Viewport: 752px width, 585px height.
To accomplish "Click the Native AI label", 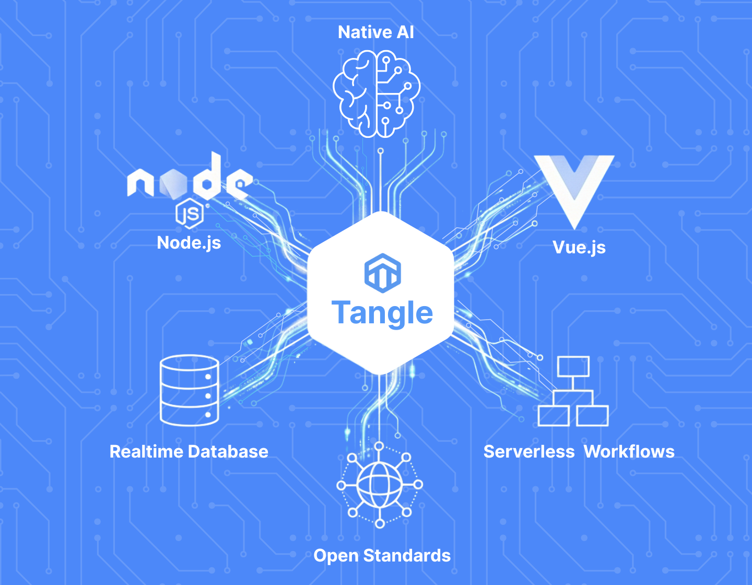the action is coord(375,32).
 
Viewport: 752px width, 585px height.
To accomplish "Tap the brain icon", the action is coord(376,94).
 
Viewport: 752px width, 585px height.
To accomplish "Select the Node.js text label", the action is coord(189,243).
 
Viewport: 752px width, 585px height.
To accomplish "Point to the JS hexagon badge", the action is coord(189,213).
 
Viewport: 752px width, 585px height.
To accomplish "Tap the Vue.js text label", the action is coord(579,247).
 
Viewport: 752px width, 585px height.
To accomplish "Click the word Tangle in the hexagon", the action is coord(382,313).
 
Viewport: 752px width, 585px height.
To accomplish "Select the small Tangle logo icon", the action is coord(382,272).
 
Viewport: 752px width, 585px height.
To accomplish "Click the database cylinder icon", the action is coord(189,390).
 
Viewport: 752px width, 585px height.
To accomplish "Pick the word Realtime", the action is coord(145,452).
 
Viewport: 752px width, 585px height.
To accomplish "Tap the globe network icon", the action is coord(380,485).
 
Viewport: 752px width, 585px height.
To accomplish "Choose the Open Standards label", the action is coord(382,556).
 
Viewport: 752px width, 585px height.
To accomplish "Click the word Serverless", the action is coord(528,452).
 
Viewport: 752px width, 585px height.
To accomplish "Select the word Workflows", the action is coord(629,452).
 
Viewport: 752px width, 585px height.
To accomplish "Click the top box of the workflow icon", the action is coord(573,367).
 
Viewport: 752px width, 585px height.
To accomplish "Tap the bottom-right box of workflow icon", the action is coord(592,416).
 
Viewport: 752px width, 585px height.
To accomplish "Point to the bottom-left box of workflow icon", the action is coord(554,416).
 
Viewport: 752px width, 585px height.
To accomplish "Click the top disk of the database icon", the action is coord(189,364).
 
